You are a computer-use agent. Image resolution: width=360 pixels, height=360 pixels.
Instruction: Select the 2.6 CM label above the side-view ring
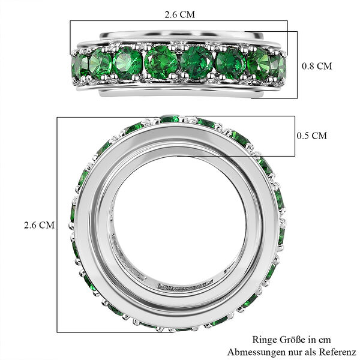[179, 12]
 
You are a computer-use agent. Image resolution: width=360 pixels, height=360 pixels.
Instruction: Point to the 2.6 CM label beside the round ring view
[39, 225]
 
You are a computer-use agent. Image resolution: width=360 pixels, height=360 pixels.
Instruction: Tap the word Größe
[295, 340]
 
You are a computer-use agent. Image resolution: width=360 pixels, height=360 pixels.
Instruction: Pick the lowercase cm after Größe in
[325, 340]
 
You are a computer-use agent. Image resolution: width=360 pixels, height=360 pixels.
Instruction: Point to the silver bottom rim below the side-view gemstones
[180, 90]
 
